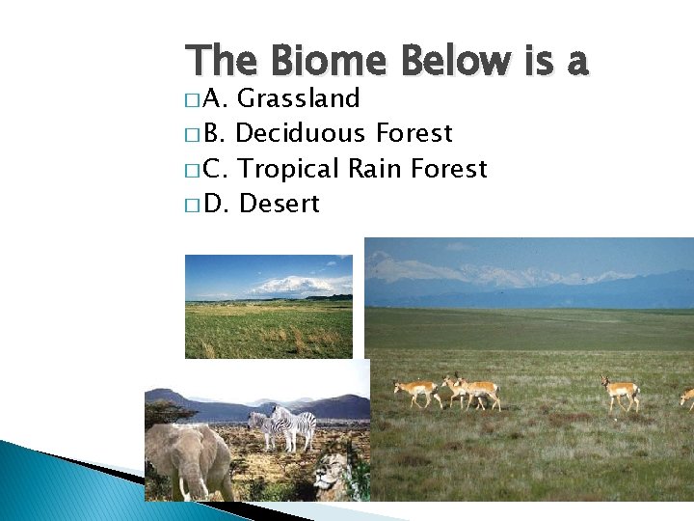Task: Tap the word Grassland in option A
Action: coord(299,98)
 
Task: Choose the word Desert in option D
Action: coord(279,204)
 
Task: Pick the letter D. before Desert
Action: coord(216,204)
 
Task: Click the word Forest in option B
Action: coord(414,133)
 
